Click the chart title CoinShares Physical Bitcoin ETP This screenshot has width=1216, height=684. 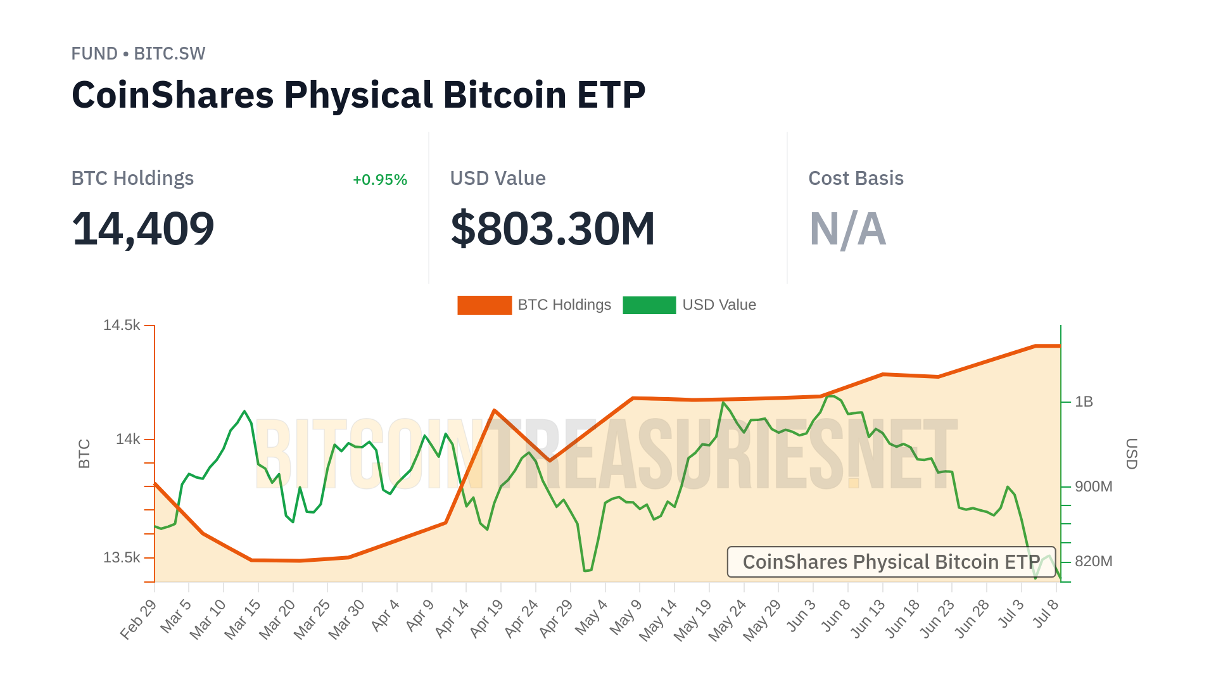pyautogui.click(x=358, y=96)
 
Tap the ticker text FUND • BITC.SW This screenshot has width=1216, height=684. pyautogui.click(x=138, y=54)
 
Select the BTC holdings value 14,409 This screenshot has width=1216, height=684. pyautogui.click(x=143, y=229)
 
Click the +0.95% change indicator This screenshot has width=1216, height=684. pyautogui.click(x=379, y=180)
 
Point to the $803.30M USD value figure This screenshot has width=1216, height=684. pyautogui.click(x=552, y=229)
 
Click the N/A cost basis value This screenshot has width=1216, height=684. pyautogui.click(x=847, y=229)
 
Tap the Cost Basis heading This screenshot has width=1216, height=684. pyautogui.click(x=856, y=179)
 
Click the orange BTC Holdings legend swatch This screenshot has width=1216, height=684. pyautogui.click(x=484, y=305)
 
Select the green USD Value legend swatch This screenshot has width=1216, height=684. pyautogui.click(x=649, y=305)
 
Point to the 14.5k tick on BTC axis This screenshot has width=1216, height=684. pyautogui.click(x=122, y=326)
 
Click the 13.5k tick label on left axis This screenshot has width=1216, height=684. pyautogui.click(x=122, y=558)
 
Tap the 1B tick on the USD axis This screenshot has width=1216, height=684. pyautogui.click(x=1084, y=402)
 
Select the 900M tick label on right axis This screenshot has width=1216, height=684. pyautogui.click(x=1093, y=487)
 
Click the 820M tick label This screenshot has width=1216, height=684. pyautogui.click(x=1093, y=562)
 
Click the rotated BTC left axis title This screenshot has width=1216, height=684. pyautogui.click(x=84, y=453)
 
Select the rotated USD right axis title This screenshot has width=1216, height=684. pyautogui.click(x=1131, y=453)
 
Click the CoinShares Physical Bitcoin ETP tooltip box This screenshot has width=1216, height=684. pyautogui.click(x=891, y=562)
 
